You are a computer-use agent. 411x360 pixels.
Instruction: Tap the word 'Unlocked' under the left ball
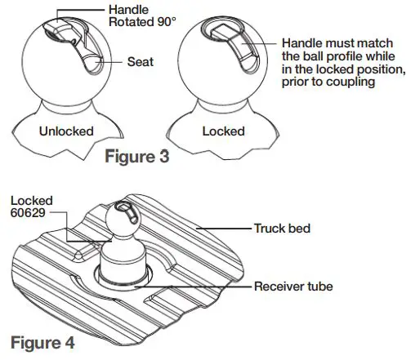(x=67, y=130)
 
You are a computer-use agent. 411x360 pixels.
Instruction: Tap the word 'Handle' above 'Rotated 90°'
(x=127, y=9)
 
